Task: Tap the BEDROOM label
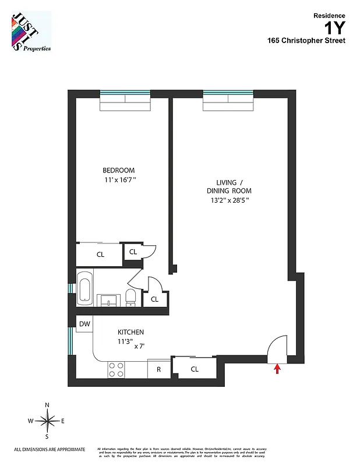tap(118, 170)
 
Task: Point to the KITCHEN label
tap(130, 331)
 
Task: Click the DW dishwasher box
tap(84, 324)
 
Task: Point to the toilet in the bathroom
tap(131, 296)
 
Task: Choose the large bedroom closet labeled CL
tap(100, 254)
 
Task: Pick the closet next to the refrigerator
tap(195, 368)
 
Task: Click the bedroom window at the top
tap(125, 94)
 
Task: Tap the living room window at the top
tap(228, 94)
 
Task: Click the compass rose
tap(47, 420)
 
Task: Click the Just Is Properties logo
tap(30, 31)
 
